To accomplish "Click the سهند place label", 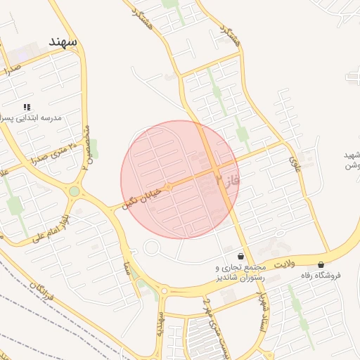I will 63,42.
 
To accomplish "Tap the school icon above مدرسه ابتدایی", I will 27,107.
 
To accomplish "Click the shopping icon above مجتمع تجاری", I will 241,257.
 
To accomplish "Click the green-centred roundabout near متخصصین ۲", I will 74,191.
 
